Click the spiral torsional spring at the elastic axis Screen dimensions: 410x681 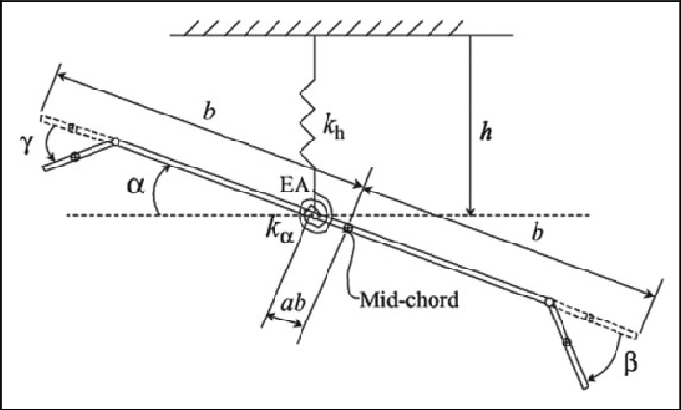pyautogui.click(x=316, y=214)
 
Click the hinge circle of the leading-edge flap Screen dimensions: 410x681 pyautogui.click(x=115, y=142)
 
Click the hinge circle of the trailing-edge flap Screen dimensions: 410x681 pyautogui.click(x=549, y=304)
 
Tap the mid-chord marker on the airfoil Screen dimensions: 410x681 pyautogui.click(x=348, y=228)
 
